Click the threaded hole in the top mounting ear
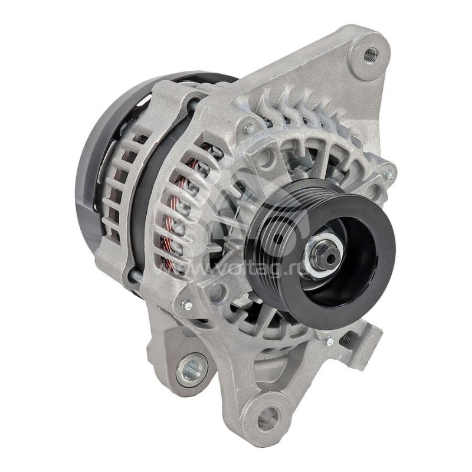[x=371, y=55]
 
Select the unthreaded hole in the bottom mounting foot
[x=268, y=418]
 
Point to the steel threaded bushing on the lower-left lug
[x=192, y=369]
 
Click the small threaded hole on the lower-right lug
[x=349, y=339]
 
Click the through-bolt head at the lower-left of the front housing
[x=187, y=304]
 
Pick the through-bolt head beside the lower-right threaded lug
[x=328, y=341]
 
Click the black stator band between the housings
[x=142, y=206]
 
